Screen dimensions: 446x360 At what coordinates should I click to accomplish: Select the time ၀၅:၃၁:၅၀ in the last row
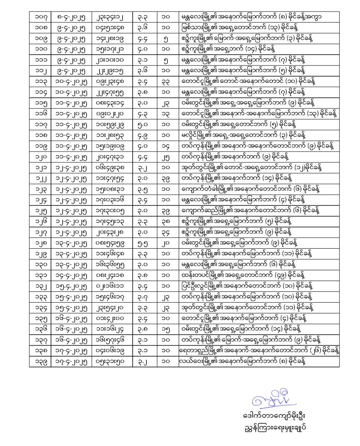click(x=112, y=361)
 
